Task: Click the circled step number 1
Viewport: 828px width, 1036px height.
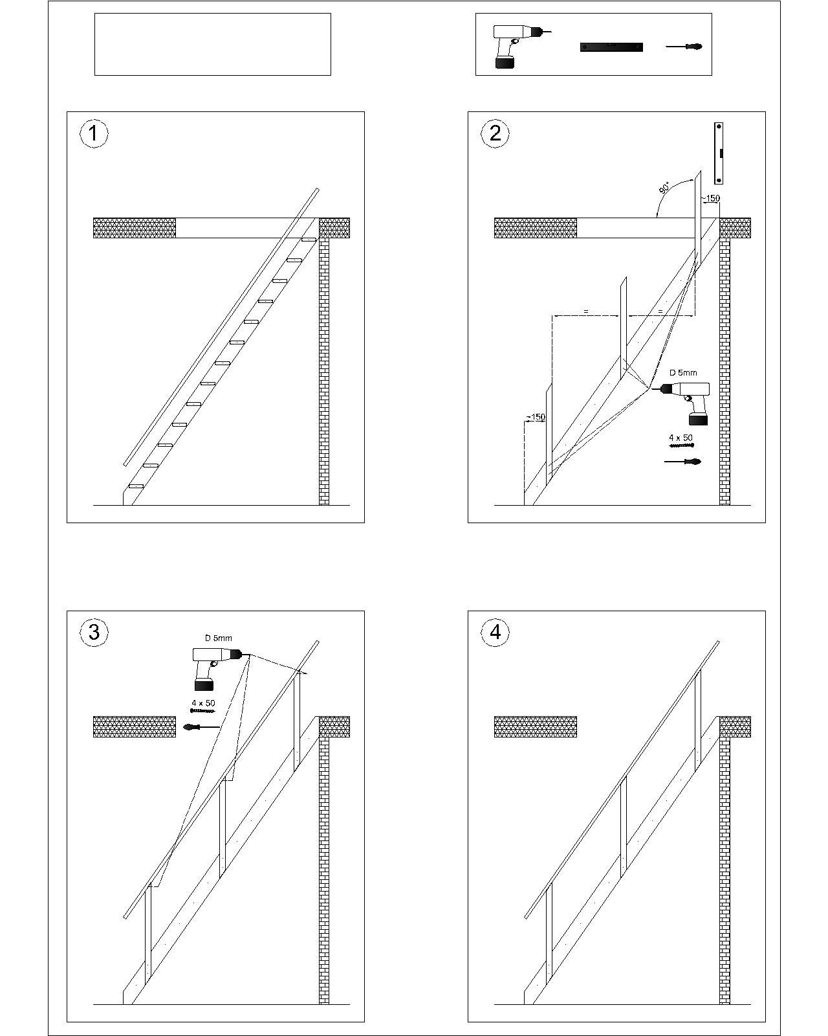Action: [94, 134]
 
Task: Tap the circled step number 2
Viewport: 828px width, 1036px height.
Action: [495, 134]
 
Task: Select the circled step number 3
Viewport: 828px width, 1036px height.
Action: [94, 632]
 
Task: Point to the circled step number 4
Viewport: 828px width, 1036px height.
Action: [495, 632]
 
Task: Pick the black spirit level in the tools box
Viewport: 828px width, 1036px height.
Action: [611, 47]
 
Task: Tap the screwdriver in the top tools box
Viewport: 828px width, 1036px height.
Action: [684, 47]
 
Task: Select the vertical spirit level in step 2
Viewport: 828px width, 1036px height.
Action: [719, 153]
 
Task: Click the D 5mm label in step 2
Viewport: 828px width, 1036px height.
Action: [683, 372]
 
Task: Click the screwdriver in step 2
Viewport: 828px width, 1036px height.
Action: [682, 462]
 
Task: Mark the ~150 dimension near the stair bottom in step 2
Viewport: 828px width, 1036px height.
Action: [536, 417]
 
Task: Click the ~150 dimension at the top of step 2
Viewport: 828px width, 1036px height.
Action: [710, 198]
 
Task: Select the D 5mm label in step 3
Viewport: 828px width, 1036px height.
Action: [219, 638]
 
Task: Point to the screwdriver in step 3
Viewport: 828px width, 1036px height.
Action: [201, 727]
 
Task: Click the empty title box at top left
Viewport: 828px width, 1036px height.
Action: [213, 44]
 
